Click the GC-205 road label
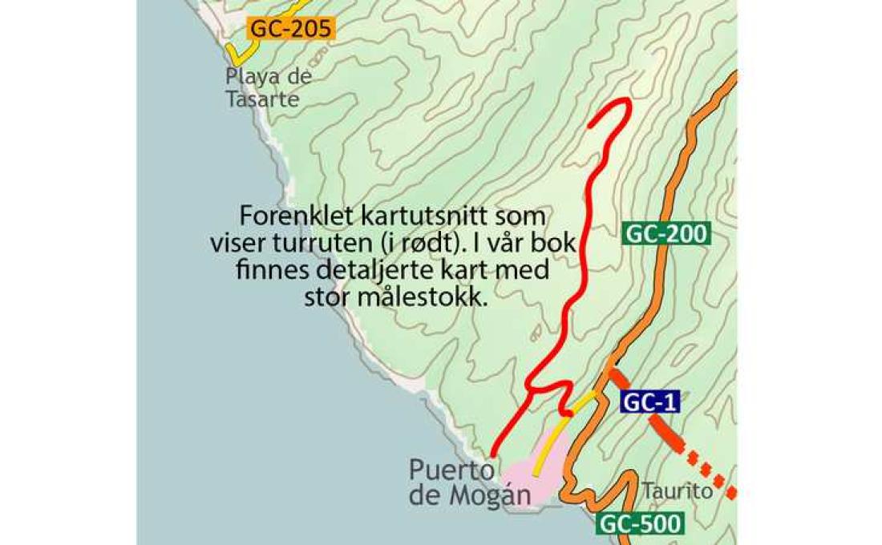[x=290, y=29]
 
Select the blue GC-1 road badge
[x=649, y=403]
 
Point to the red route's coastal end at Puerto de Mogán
[x=494, y=454]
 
